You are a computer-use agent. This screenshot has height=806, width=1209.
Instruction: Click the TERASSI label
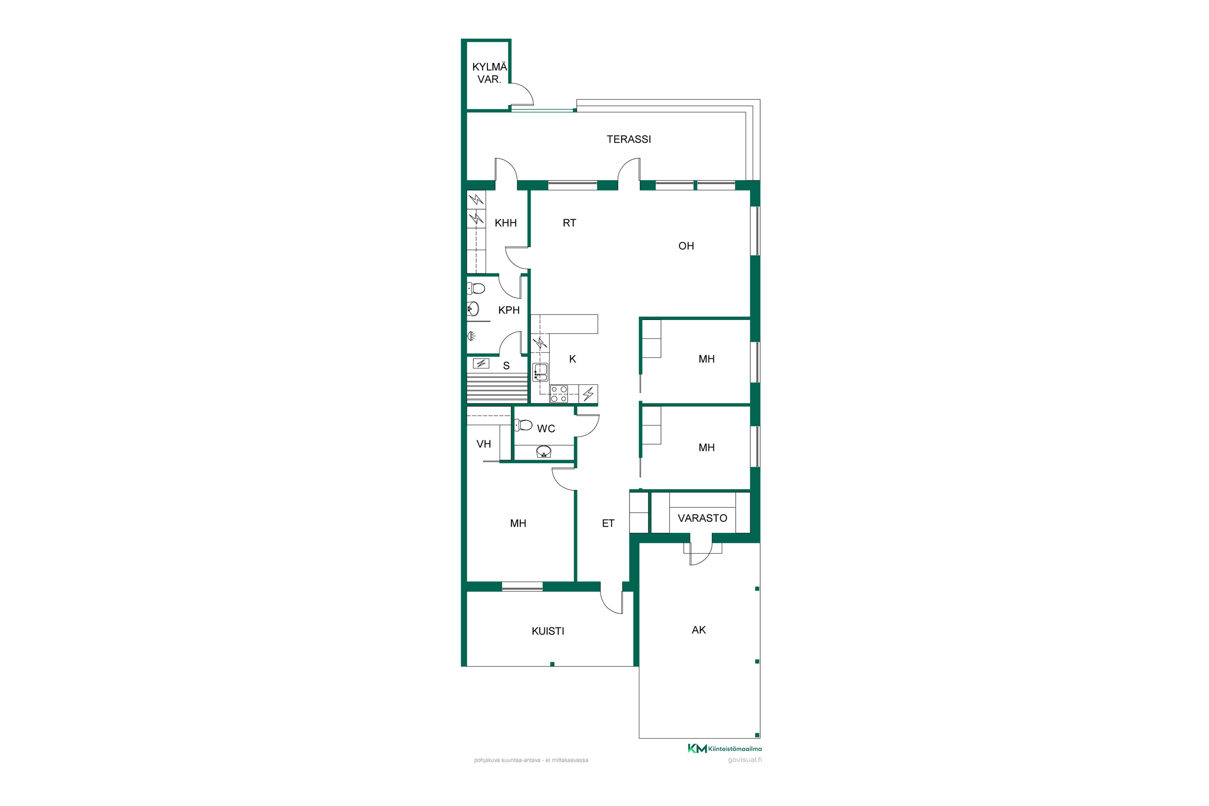tap(629, 139)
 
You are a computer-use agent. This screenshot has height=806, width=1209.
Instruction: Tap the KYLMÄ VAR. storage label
tap(489, 73)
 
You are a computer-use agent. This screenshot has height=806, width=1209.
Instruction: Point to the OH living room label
tap(686, 246)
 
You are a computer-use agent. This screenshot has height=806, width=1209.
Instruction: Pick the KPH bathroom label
tap(509, 310)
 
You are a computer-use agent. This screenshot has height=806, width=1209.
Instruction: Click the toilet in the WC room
tap(523, 425)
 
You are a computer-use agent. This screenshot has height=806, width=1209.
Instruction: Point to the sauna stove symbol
tap(481, 364)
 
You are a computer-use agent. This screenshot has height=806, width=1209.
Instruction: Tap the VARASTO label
tap(702, 519)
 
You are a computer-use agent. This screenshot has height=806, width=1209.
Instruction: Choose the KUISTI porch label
tap(548, 631)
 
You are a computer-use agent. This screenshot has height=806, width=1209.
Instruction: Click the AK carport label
tap(698, 630)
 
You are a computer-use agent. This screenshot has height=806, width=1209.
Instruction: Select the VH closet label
tap(484, 445)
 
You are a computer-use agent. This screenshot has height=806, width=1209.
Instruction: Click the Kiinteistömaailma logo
tap(725, 748)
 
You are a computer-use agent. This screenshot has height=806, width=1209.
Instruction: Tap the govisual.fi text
tap(745, 760)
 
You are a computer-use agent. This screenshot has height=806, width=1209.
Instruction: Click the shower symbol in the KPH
tap(472, 336)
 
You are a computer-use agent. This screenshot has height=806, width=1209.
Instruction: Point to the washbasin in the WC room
tap(544, 452)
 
